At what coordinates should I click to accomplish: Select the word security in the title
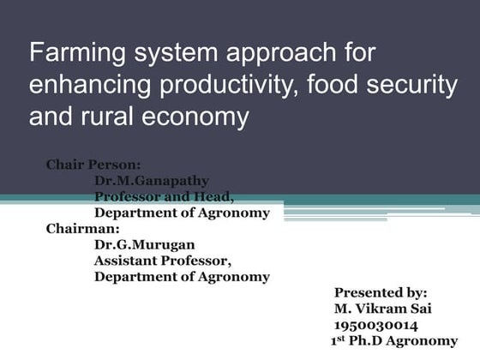click(x=406, y=85)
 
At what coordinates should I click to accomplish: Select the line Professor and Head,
click(x=163, y=197)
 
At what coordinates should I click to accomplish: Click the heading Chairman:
click(x=83, y=229)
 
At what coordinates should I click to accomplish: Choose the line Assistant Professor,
click(x=163, y=261)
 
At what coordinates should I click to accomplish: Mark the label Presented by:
click(x=381, y=293)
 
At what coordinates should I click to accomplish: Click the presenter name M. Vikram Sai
click(x=384, y=309)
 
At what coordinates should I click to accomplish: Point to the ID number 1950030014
click(x=376, y=325)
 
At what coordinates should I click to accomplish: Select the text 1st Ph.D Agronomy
click(x=394, y=341)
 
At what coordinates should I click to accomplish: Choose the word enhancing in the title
click(x=86, y=85)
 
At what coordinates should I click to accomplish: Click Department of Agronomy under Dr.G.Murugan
click(x=182, y=277)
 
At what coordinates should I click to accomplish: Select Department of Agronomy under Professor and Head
click(x=182, y=213)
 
